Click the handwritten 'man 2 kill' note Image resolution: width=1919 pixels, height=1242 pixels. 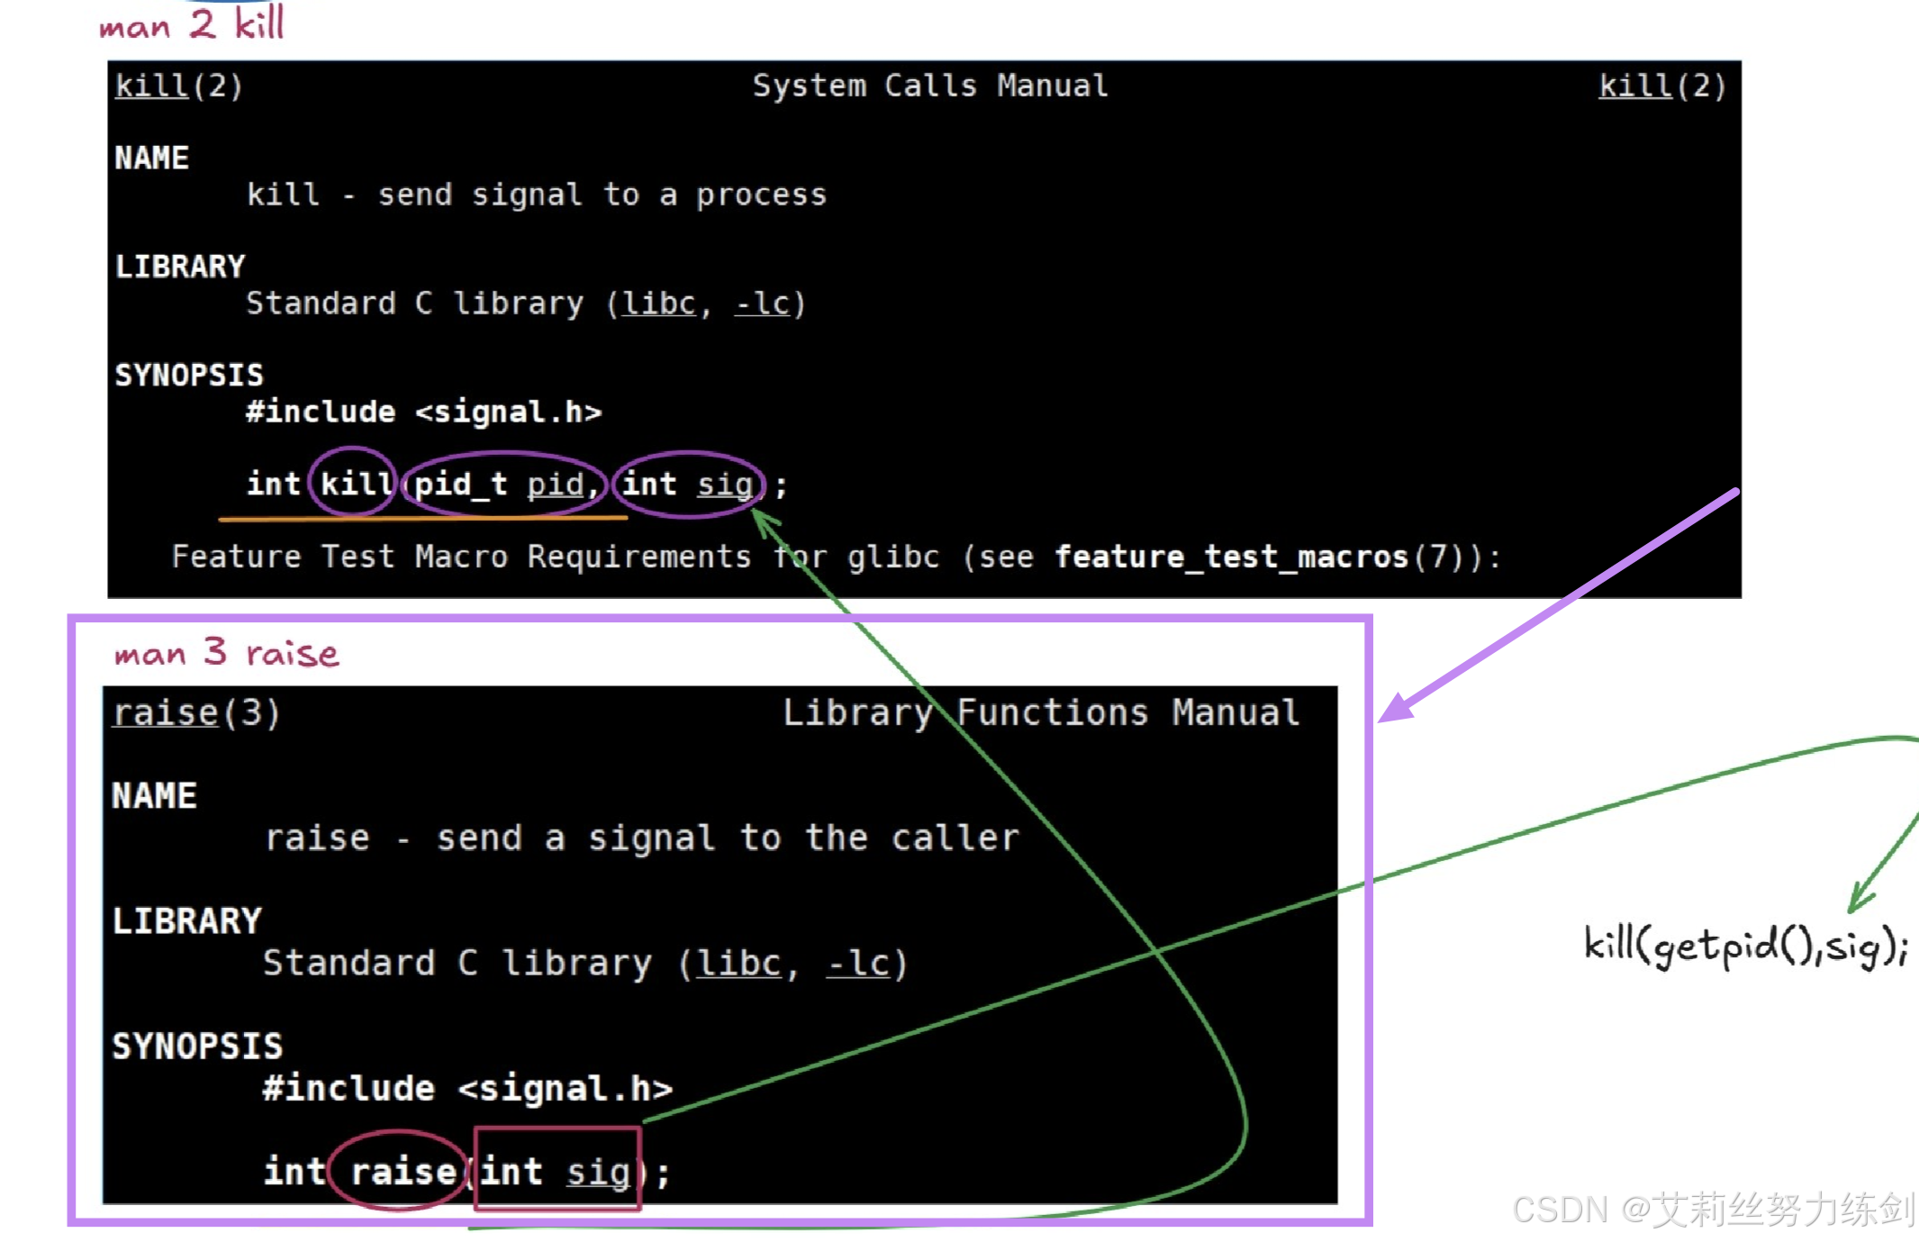(x=192, y=23)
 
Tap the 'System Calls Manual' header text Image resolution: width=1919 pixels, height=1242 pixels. (x=929, y=86)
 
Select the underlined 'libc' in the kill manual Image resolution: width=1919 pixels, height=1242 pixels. (x=659, y=304)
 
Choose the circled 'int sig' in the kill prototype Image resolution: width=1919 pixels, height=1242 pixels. (x=688, y=485)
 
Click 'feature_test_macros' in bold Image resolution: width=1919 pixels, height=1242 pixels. (x=1230, y=557)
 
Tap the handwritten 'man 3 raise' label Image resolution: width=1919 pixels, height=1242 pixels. (x=226, y=652)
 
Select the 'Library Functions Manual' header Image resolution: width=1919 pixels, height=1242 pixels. (x=1040, y=712)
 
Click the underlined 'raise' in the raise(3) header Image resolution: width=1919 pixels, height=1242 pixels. (x=166, y=712)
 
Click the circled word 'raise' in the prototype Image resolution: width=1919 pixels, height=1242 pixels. (x=403, y=1172)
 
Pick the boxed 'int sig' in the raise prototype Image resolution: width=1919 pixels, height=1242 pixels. (x=556, y=1172)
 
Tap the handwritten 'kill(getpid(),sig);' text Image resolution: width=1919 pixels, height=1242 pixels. (x=1744, y=947)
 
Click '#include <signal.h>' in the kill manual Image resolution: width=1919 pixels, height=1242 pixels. (x=423, y=412)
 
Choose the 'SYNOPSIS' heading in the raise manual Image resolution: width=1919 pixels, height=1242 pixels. (x=197, y=1047)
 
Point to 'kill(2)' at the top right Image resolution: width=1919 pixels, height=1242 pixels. (x=1661, y=86)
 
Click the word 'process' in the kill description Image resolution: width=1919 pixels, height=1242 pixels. (x=761, y=195)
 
